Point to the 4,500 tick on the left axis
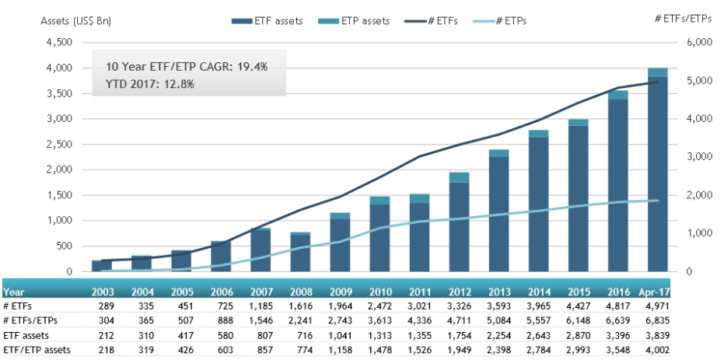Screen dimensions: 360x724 coord(66,43)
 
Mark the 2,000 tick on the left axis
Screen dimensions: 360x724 coord(66,170)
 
